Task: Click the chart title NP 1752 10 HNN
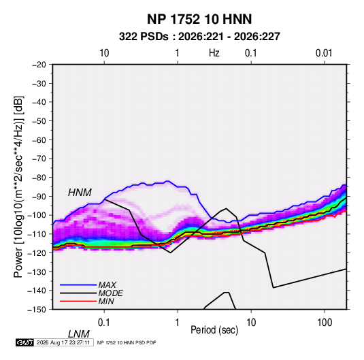coord(199,19)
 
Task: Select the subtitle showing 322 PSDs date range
coord(199,37)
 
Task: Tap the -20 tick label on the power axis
coord(39,65)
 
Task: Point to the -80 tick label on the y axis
coord(39,178)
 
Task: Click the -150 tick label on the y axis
coord(37,310)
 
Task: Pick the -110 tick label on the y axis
coord(37,234)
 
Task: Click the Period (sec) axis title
coord(214,330)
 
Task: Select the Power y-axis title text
coord(18,187)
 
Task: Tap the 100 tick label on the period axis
coord(324,323)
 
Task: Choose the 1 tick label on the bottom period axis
coord(177,323)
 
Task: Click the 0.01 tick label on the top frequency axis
coord(324,53)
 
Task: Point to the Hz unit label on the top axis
coord(214,53)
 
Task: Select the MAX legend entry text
coord(107,285)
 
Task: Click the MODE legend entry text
coord(110,293)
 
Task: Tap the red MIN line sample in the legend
coord(78,301)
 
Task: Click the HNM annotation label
coord(80,193)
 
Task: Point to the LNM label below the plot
coord(79,334)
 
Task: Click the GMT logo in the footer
coord(25,342)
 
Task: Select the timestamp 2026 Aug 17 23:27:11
coord(63,342)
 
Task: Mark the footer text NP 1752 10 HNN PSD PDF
coord(127,342)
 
